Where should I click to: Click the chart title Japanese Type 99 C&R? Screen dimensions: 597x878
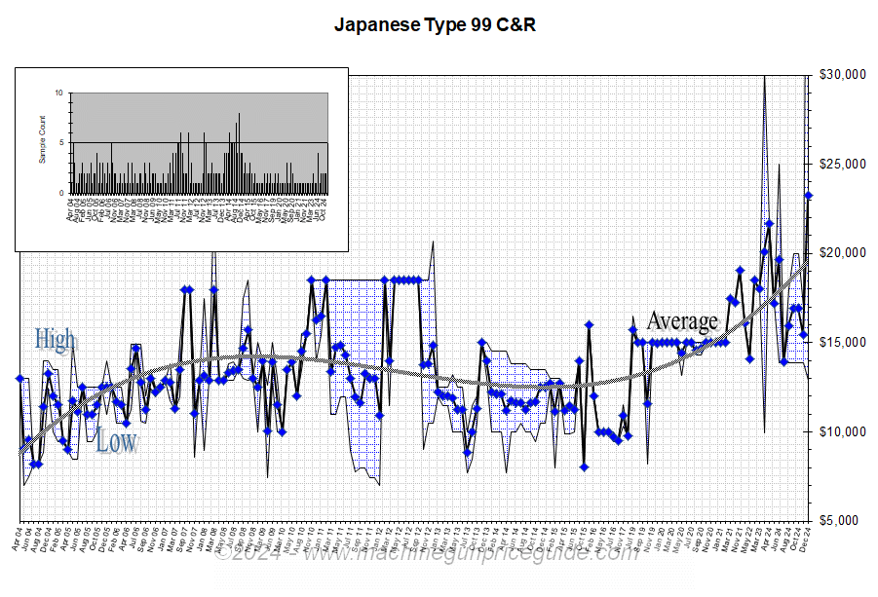[435, 25]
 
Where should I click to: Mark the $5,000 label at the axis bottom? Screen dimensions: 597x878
[844, 521]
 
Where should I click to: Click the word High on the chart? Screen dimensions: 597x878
[56, 340]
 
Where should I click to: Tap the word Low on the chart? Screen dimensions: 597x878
[116, 442]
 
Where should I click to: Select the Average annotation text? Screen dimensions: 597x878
[682, 320]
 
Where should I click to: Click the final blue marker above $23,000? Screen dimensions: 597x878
[809, 196]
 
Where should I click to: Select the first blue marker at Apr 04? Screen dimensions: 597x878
[19, 378]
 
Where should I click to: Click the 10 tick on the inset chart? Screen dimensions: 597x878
[58, 93]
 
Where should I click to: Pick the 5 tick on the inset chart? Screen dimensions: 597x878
[60, 143]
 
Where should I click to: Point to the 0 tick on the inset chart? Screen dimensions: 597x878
[60, 193]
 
